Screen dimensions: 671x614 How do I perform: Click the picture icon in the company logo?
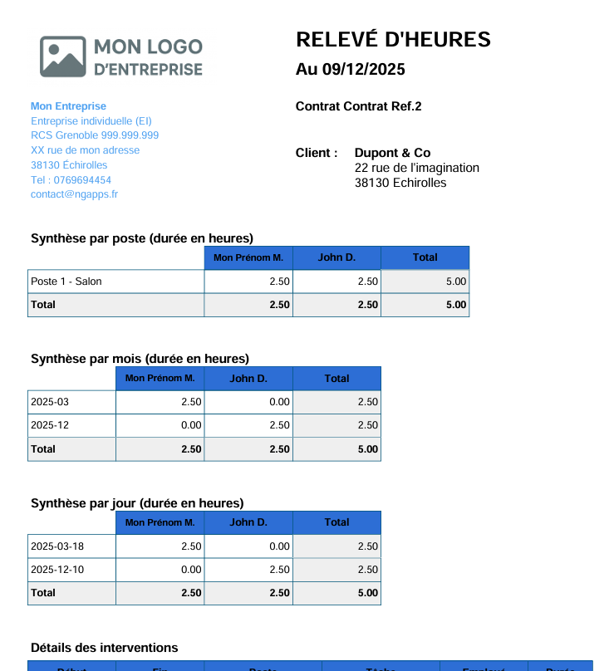coord(62,56)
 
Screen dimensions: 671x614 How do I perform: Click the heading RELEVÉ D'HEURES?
coord(393,39)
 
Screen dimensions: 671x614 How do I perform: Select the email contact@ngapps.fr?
coord(74,194)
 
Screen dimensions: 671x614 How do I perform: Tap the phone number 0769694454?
coord(82,179)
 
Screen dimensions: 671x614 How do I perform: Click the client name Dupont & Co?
coord(392,153)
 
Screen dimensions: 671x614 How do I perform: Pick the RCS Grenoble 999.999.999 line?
coord(95,135)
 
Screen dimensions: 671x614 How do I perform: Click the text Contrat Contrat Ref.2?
coord(358,106)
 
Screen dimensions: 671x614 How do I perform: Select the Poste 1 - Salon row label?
coord(66,282)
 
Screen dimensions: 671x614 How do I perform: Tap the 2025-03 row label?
coord(50,402)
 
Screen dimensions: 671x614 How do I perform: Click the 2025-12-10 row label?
coord(57,570)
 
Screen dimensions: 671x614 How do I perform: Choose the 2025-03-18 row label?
coord(57,546)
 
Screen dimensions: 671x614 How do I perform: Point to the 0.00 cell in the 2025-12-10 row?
coord(191,570)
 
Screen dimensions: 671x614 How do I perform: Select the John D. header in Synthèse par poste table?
coord(336,257)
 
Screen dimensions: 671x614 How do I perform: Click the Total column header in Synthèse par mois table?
coord(336,379)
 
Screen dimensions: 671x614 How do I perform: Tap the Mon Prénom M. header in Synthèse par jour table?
coord(160,522)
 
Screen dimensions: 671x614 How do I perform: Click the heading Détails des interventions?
coord(104,648)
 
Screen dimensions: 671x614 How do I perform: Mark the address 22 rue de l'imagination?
coord(416,168)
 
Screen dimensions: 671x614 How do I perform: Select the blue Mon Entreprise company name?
coord(68,106)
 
